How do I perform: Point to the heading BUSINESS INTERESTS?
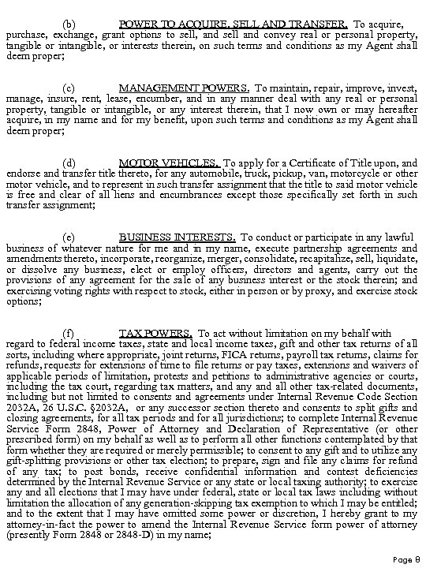[177, 237]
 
